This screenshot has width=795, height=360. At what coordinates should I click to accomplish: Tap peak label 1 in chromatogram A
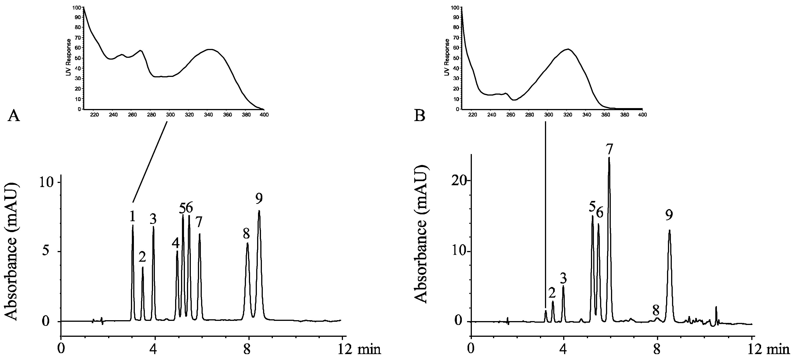coord(132,217)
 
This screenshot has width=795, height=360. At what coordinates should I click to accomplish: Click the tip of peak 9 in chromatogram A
coord(259,211)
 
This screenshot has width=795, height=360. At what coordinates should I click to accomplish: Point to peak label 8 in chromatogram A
coord(246,234)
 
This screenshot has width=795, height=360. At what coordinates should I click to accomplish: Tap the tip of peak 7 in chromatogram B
coord(609,158)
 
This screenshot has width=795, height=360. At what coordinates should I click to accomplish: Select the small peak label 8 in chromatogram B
coord(656,310)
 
